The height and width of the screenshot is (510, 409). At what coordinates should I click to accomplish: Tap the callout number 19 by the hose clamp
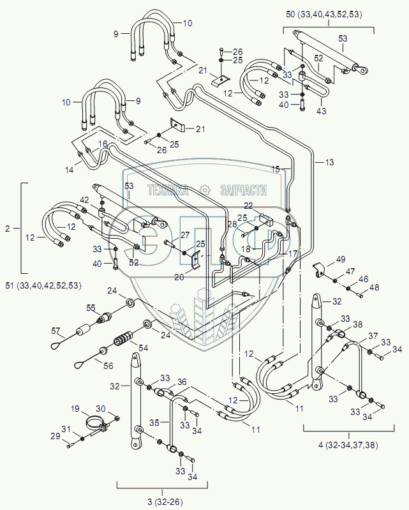coord(75,409)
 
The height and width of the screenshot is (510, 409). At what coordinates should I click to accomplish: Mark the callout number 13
coord(329,162)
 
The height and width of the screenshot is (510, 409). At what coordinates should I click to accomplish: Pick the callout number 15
coord(276,170)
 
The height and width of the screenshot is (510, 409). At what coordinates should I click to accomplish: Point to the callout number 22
coord(249,205)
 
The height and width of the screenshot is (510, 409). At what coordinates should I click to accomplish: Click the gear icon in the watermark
coord(205,190)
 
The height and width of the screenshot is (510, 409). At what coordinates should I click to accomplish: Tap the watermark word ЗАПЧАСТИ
coord(242,190)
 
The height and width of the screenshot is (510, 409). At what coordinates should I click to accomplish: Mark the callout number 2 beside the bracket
coord(8,227)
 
